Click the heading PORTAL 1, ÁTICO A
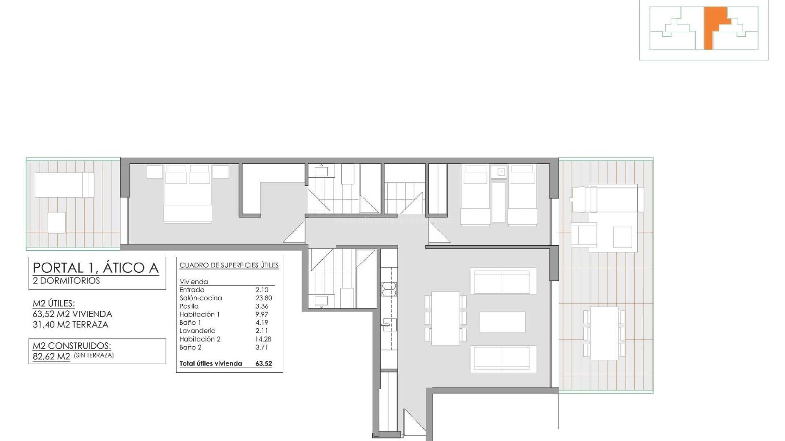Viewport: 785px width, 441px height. pyautogui.click(x=95, y=268)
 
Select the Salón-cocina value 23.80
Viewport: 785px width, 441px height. pyautogui.click(x=264, y=298)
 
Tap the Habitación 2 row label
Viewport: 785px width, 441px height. pyautogui.click(x=200, y=339)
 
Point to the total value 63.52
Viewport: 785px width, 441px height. pyautogui.click(x=264, y=363)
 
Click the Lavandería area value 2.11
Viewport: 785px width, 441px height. pyautogui.click(x=262, y=331)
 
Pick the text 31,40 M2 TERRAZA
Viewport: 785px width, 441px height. pyautogui.click(x=70, y=325)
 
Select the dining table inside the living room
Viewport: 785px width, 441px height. pyautogui.click(x=445, y=318)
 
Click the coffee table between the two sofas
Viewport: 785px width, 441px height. pyautogui.click(x=502, y=322)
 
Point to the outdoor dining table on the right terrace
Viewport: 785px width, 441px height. pyautogui.click(x=604, y=333)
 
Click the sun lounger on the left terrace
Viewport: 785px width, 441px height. pyautogui.click(x=64, y=185)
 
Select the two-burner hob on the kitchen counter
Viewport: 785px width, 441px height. pyautogui.click(x=389, y=289)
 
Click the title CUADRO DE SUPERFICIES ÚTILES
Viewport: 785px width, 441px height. pyautogui.click(x=229, y=265)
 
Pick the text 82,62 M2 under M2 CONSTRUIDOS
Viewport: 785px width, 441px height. pyautogui.click(x=52, y=356)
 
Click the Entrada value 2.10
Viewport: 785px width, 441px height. pyautogui.click(x=262, y=290)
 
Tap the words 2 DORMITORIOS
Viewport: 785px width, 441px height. pyautogui.click(x=66, y=281)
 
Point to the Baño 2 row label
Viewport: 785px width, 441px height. pyautogui.click(x=190, y=347)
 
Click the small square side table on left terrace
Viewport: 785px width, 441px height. pyautogui.click(x=56, y=223)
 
